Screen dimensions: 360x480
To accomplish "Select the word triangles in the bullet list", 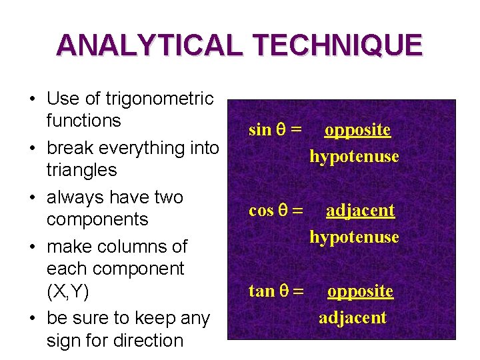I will tap(81, 170).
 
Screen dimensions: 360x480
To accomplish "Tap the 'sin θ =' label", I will tap(273, 130).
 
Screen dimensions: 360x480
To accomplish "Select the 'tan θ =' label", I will tap(275, 291).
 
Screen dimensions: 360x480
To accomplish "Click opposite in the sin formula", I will tap(357, 130).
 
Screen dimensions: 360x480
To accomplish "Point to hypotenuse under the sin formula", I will tap(354, 157).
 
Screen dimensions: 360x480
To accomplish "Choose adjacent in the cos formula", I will tap(360, 211).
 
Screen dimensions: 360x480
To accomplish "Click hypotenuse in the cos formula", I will tap(354, 237).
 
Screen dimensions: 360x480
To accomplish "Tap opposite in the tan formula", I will tap(360, 291).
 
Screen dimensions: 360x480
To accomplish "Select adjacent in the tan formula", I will tap(353, 317).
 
